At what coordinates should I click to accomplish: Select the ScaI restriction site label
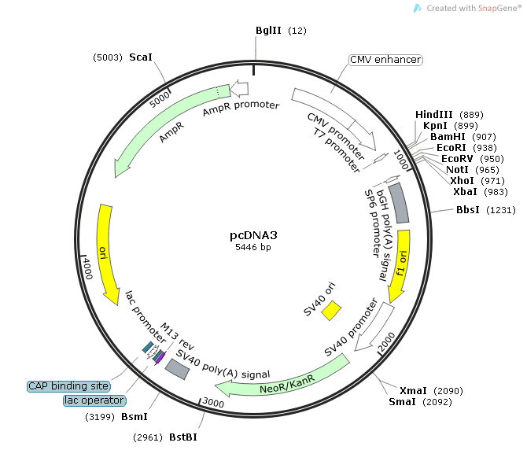141,57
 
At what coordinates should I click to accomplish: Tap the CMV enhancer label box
385,60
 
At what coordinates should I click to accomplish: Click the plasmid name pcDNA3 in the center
253,234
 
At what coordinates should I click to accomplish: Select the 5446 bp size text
253,247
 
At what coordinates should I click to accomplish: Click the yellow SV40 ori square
331,310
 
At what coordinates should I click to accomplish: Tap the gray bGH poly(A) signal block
399,202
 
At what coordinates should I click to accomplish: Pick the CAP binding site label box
68,386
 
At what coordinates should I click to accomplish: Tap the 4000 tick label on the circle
88,268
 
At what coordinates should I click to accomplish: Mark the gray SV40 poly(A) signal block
176,370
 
